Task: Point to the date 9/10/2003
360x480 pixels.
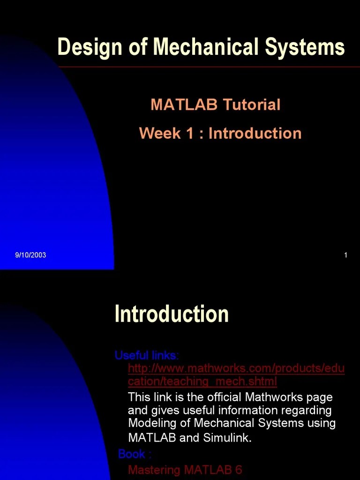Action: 30,255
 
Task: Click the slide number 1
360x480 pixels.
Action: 345,255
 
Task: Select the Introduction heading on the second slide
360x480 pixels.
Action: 172,314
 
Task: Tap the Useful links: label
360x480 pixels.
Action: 147,355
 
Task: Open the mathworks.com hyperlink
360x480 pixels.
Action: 236,375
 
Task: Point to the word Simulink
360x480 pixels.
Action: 227,438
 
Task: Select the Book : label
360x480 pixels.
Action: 135,454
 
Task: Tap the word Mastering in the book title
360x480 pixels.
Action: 154,470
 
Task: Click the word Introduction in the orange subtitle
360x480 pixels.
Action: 255,134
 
